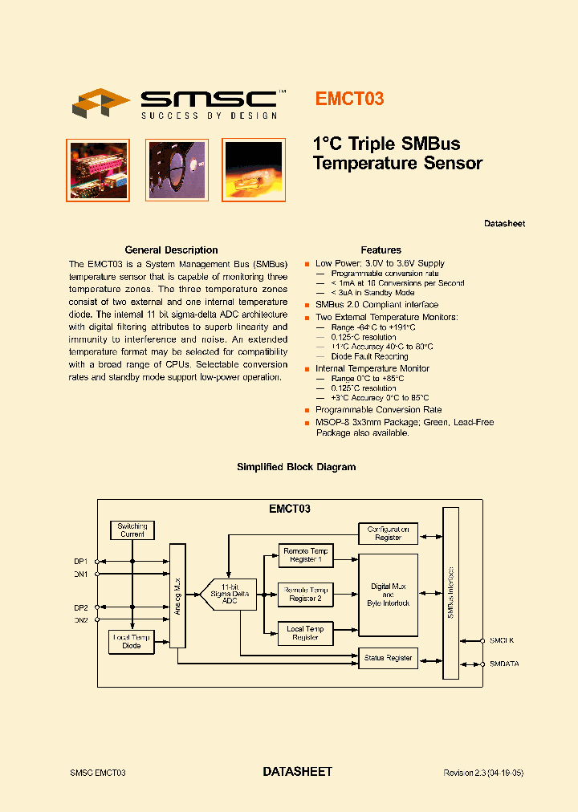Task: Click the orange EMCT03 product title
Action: click(348, 99)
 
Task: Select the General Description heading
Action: click(171, 250)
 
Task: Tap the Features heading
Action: click(381, 250)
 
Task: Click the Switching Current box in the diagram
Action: click(132, 530)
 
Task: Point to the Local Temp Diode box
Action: click(132, 641)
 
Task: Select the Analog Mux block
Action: click(177, 595)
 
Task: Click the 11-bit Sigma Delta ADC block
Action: click(229, 595)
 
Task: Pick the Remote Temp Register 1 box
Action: click(305, 555)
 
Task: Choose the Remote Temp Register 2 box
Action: click(305, 595)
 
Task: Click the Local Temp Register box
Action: click(305, 633)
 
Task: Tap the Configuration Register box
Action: click(388, 533)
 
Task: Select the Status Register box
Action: click(388, 658)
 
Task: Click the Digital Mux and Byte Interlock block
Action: click(388, 595)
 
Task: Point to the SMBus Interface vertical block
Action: click(450, 594)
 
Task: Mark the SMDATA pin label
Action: click(505, 664)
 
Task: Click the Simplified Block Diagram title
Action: click(296, 467)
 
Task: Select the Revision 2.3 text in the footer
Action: click(483, 773)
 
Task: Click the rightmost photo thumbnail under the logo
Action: click(252, 169)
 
